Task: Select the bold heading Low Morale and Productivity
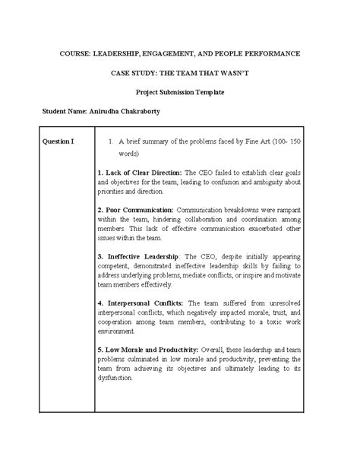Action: coord(152,350)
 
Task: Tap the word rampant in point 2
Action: coord(288,208)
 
